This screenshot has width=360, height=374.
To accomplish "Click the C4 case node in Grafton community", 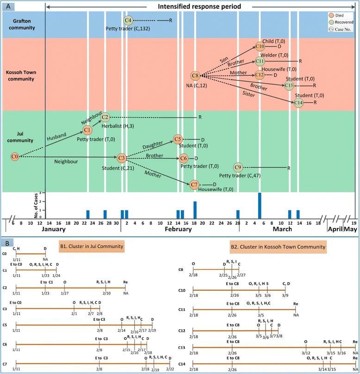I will pos(129,20).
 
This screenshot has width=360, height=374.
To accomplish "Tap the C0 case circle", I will pos(15,157).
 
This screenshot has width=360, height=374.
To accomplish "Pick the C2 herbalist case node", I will pos(105,117).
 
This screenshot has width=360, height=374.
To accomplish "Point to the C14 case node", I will pos(299,103).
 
